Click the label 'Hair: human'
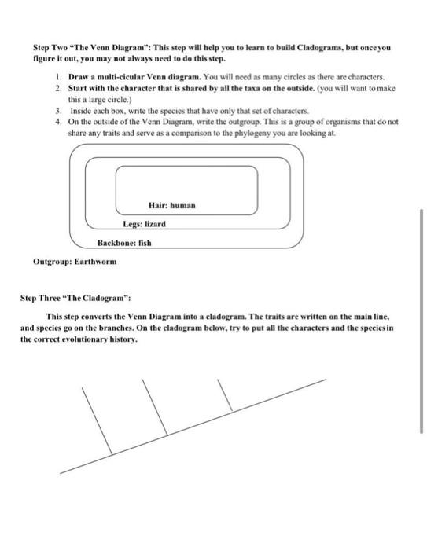coord(171,205)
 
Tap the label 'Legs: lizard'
coord(145,224)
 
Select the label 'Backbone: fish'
coord(124,243)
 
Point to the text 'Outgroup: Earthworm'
coord(75,262)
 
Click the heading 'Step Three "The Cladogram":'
coord(75,298)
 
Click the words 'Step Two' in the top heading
coord(50,48)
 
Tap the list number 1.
coord(58,77)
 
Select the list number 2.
coord(58,88)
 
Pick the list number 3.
coord(58,111)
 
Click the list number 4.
coord(58,122)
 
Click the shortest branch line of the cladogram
coord(225,395)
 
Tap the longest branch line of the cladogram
coord(97,421)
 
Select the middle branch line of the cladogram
coord(155,408)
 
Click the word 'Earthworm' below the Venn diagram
coord(95,262)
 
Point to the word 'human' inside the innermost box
coord(182,205)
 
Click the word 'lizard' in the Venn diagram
coord(155,224)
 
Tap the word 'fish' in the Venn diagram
coord(145,243)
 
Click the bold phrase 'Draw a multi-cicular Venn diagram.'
coord(134,77)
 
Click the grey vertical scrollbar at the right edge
coord(421,321)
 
